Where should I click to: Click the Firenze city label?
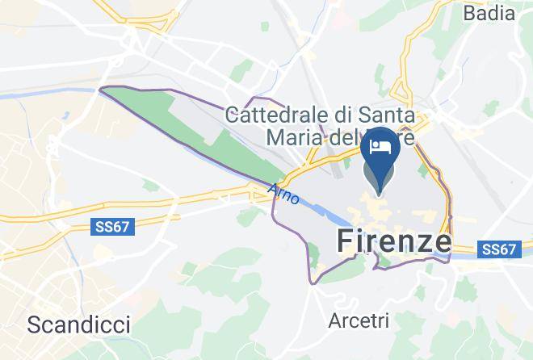[x=392, y=241]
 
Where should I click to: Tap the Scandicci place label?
[x=78, y=324]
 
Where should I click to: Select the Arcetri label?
[x=359, y=320]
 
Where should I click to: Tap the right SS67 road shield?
[x=499, y=250]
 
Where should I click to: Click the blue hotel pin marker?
[x=380, y=153]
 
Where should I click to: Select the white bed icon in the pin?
[x=380, y=146]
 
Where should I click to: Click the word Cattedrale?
[x=279, y=115]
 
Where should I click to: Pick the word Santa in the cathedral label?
[x=388, y=115]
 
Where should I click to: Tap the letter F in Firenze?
[x=342, y=241]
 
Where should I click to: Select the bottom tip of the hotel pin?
[x=380, y=193]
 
